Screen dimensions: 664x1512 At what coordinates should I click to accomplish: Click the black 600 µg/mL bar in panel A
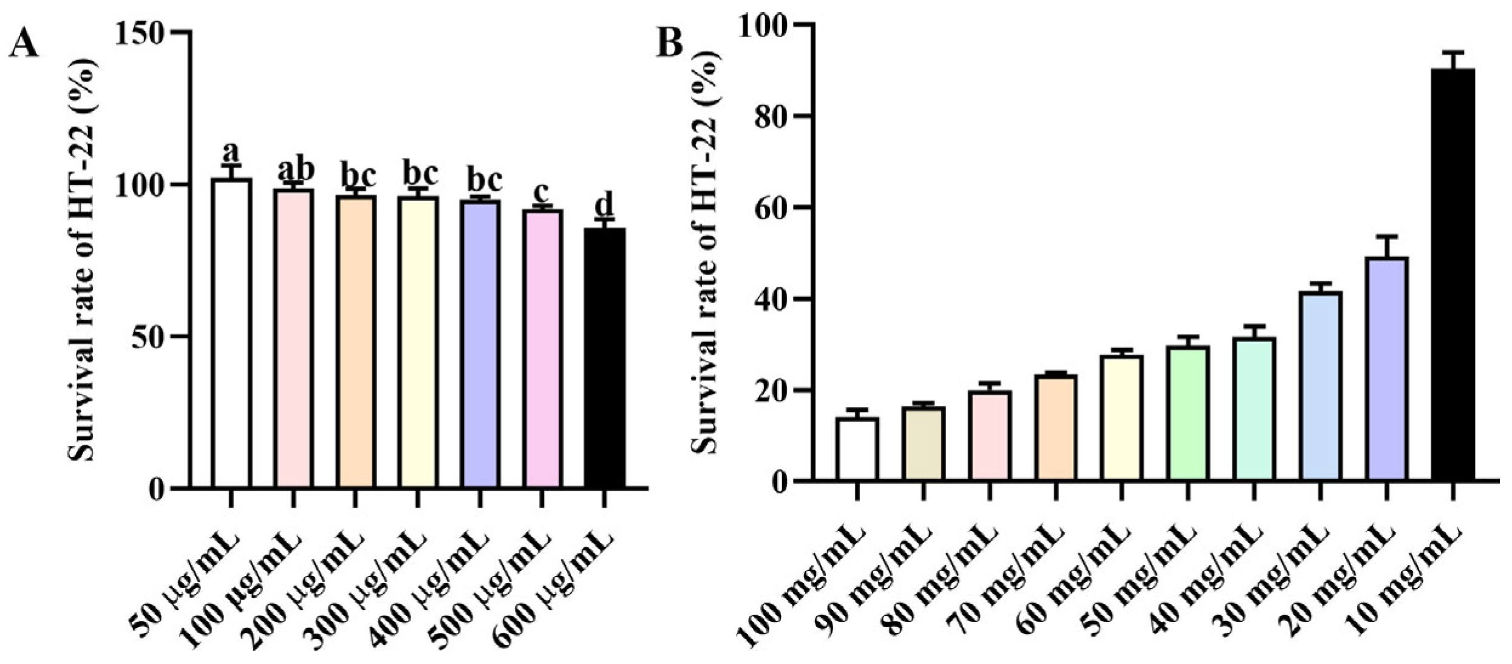605,358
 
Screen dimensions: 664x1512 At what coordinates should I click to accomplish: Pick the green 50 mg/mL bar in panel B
1188,413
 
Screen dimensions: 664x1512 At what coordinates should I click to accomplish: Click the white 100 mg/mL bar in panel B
857,450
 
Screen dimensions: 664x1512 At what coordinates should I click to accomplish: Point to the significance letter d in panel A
605,204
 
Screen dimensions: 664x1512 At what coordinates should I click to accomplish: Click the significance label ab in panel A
296,170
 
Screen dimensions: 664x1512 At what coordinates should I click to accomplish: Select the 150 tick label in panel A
141,33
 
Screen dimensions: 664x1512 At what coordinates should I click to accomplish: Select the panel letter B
670,44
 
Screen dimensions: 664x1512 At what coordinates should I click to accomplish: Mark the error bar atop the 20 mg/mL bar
1386,246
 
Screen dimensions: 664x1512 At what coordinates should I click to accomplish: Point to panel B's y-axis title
705,252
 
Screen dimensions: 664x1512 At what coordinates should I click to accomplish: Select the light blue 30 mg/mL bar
1320,386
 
